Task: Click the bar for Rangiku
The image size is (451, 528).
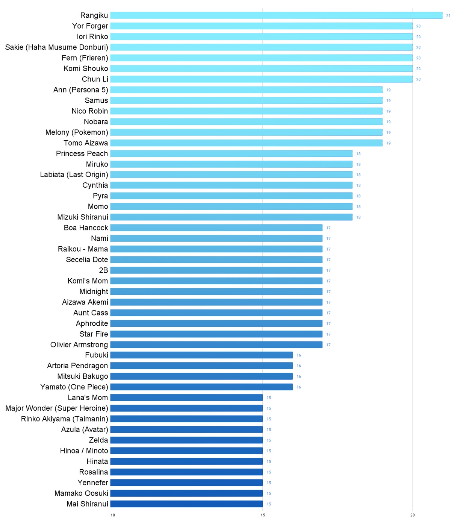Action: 276,15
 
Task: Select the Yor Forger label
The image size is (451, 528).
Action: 90,26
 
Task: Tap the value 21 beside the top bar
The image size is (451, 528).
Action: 448,16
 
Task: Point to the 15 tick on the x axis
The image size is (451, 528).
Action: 263,515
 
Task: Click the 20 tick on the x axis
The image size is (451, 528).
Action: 412,515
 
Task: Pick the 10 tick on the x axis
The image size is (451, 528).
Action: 113,515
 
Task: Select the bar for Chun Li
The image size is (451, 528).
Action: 261,79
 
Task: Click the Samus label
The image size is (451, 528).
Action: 96,100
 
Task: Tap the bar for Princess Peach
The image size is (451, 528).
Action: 231,153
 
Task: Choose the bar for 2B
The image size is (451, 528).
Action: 216,270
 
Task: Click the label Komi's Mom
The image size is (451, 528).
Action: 88,281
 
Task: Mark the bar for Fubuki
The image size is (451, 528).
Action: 201,355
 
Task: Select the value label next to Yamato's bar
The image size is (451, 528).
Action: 299,387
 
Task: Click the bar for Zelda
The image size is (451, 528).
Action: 186,440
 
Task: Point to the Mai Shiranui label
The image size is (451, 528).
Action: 87,504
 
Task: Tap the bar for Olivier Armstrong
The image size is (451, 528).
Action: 216,345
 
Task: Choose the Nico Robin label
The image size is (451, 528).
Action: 90,111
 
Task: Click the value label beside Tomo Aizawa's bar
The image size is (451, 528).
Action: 389,143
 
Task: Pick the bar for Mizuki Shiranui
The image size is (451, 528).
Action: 231,217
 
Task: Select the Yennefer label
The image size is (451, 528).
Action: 93,482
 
